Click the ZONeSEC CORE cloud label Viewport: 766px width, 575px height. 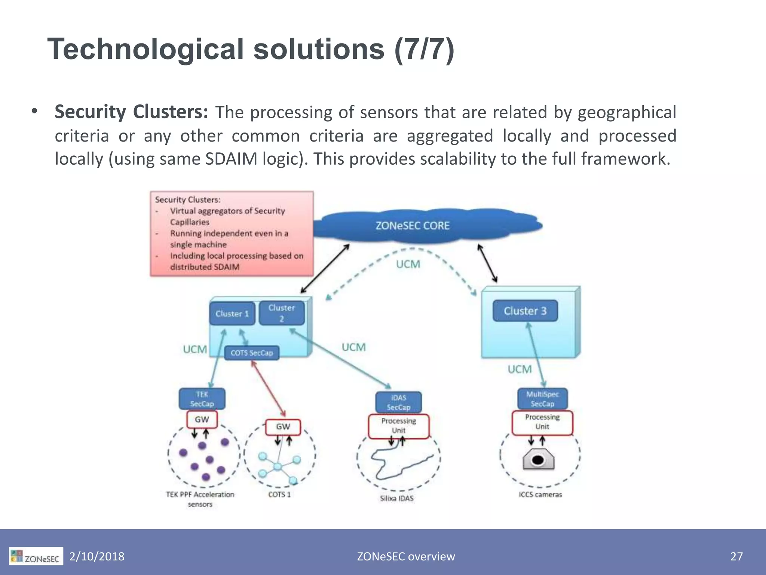[412, 226]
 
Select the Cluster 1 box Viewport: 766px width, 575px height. [232, 314]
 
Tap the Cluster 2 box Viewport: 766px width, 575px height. [282, 313]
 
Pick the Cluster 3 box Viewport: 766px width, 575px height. [525, 311]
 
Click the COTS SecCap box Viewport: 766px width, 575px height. [252, 353]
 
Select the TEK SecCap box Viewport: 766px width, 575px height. [202, 399]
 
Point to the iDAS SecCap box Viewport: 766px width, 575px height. [398, 402]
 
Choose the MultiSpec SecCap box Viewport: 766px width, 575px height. [542, 399]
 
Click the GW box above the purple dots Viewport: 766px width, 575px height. [202, 420]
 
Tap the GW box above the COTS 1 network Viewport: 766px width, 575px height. [283, 427]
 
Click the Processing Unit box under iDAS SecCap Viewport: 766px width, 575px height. [398, 426]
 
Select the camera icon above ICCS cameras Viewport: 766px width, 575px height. [538, 460]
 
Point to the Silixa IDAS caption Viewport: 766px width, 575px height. [397, 499]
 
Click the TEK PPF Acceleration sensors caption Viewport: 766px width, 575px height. [200, 499]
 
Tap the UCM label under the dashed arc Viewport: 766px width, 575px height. [408, 264]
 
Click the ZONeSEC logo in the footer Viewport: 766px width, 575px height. [36, 557]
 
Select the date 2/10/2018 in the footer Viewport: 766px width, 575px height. [97, 557]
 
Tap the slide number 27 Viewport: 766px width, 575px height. [736, 557]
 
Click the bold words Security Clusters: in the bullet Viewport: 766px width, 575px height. [131, 112]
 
